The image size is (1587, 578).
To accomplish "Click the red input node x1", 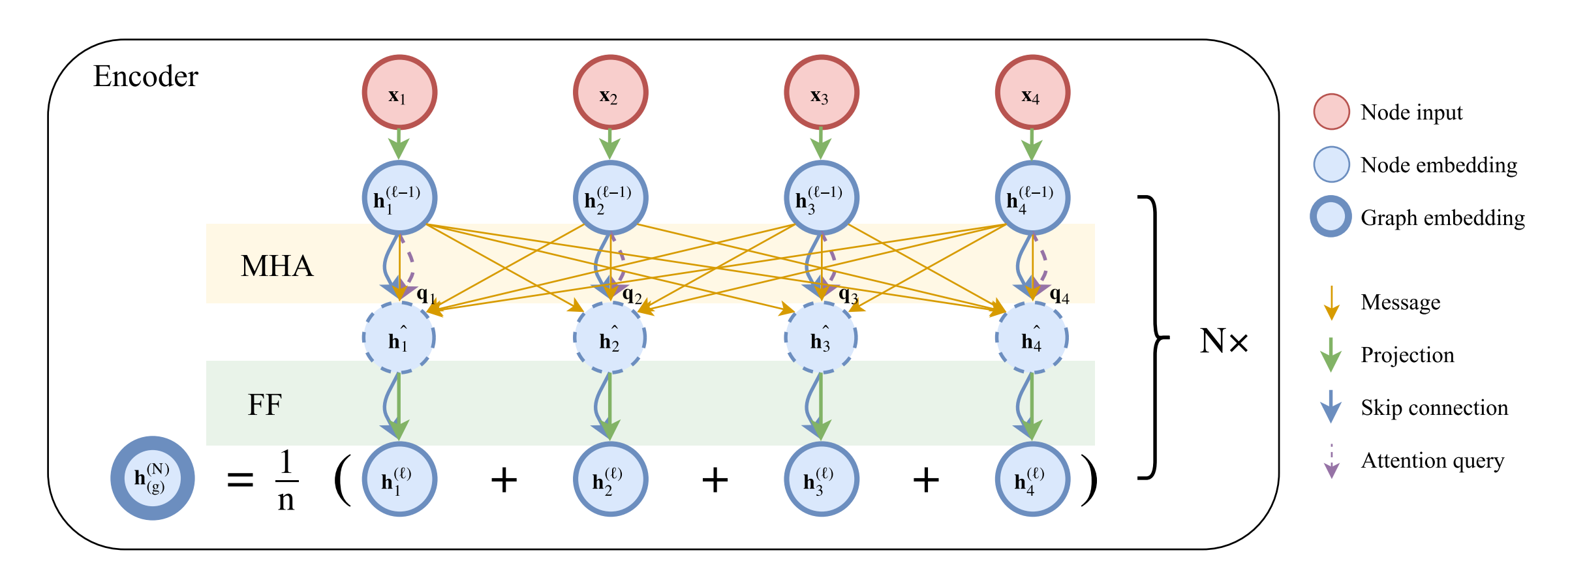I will (x=399, y=92).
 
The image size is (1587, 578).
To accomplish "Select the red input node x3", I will (x=821, y=92).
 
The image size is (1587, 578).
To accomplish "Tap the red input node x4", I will (x=1032, y=92).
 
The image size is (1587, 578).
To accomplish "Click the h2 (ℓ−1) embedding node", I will (x=610, y=198).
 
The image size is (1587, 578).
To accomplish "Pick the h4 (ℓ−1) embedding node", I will (x=1032, y=198).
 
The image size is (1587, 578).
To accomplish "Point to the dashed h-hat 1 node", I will (x=399, y=338).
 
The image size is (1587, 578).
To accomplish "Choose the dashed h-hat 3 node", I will (x=820, y=338).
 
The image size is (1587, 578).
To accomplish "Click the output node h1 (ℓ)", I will (x=399, y=479).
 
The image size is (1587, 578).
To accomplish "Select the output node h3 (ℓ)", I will (x=821, y=479).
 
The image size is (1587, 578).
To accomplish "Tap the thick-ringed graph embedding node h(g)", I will (x=152, y=478).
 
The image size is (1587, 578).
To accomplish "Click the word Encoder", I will (x=146, y=76).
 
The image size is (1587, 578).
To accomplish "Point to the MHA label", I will (x=277, y=266).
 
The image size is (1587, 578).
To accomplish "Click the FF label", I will (x=264, y=404).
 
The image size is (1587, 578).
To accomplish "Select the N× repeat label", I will (x=1224, y=341).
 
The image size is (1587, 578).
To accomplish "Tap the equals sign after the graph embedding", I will (x=239, y=480).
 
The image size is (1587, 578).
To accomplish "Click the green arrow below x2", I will (x=609, y=144).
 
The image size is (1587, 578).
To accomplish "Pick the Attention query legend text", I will (x=1432, y=461).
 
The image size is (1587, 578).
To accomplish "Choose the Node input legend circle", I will (x=1331, y=112).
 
